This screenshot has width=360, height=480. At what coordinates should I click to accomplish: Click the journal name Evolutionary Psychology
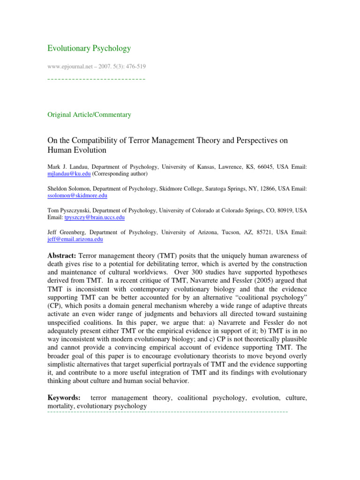pyautogui.click(x=89, y=48)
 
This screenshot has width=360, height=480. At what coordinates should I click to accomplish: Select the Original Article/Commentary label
pyautogui.click(x=90, y=114)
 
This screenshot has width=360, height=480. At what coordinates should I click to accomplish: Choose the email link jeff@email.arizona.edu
pyautogui.click(x=75, y=239)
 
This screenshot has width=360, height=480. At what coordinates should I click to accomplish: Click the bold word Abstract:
pyautogui.click(x=62, y=255)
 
